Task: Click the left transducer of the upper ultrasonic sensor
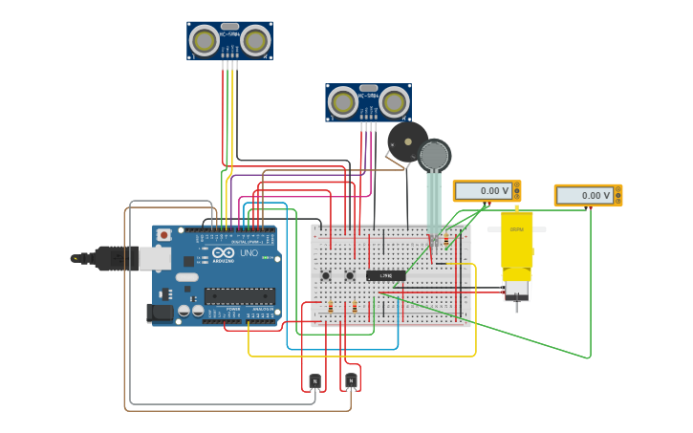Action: pos(204,40)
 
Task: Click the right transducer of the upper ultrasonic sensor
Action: pos(255,40)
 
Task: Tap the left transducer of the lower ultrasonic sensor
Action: pos(342,101)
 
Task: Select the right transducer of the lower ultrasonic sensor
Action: pos(394,101)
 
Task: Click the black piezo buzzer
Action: pos(406,141)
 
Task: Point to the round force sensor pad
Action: pos(434,156)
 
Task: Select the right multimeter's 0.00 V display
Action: pos(584,195)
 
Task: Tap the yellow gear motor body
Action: pos(517,244)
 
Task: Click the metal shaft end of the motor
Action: pos(517,304)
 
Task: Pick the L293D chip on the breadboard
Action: pos(385,275)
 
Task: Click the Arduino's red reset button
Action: pos(164,234)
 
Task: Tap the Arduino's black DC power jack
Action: pos(160,312)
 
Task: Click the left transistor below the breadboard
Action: pos(315,380)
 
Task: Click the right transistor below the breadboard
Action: pos(351,380)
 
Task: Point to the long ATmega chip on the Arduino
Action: pos(239,296)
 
